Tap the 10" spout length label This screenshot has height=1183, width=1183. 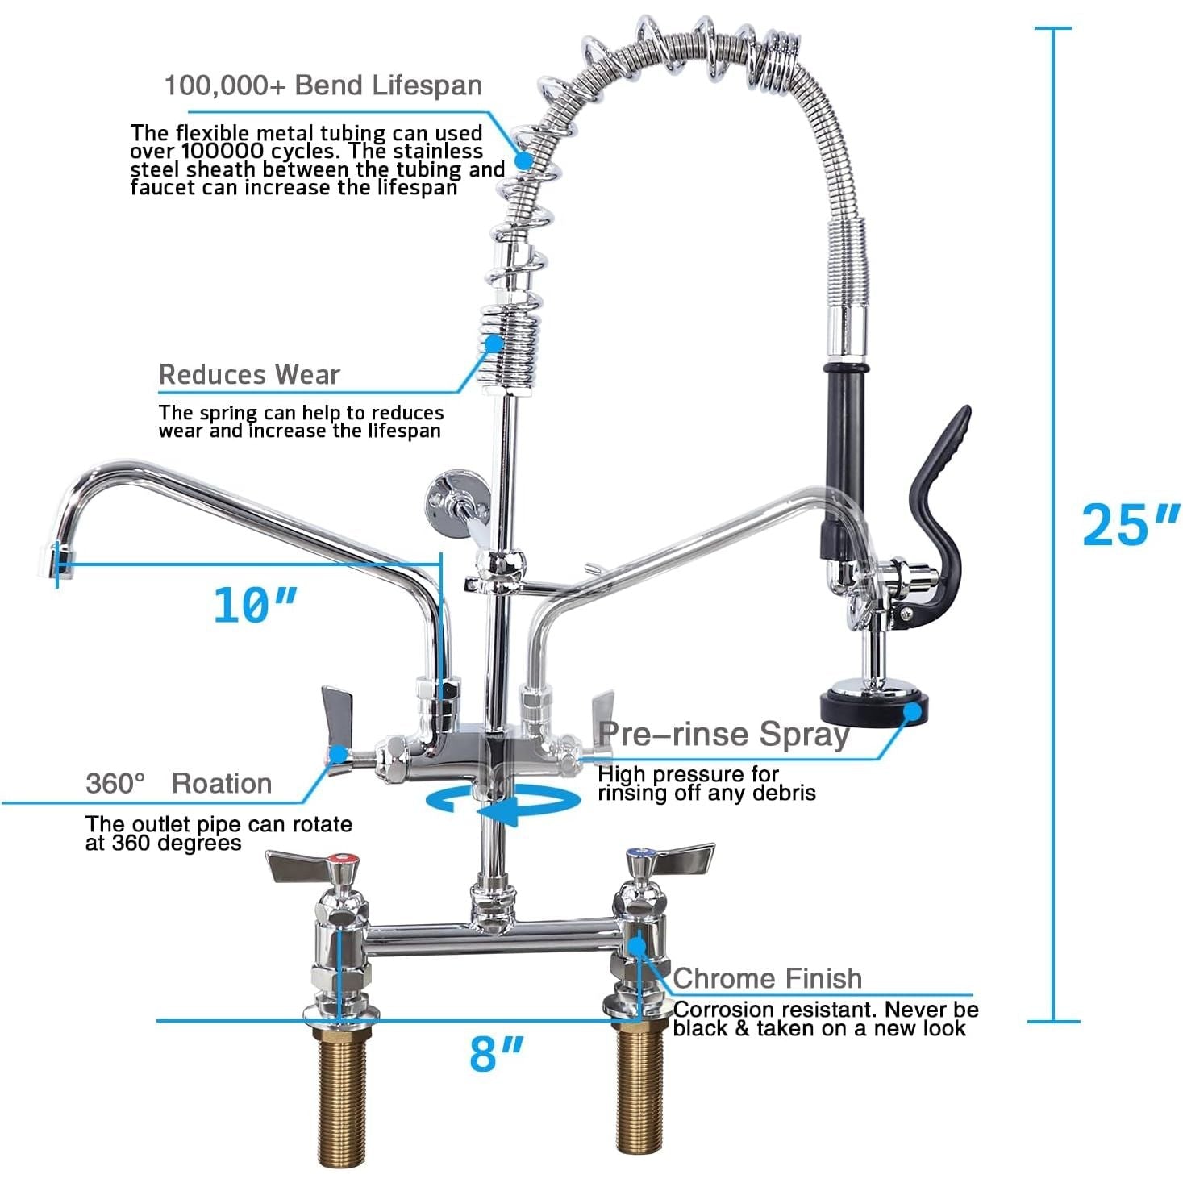point(256,605)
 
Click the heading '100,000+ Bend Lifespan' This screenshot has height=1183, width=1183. point(323,85)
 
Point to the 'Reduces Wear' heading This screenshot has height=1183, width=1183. point(249,374)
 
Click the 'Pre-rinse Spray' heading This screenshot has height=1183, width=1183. point(724,734)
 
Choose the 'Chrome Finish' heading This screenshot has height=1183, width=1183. point(768,978)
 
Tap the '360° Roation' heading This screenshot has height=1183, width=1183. point(179,783)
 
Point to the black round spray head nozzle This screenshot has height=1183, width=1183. point(874,706)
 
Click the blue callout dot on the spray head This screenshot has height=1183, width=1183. point(914,712)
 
